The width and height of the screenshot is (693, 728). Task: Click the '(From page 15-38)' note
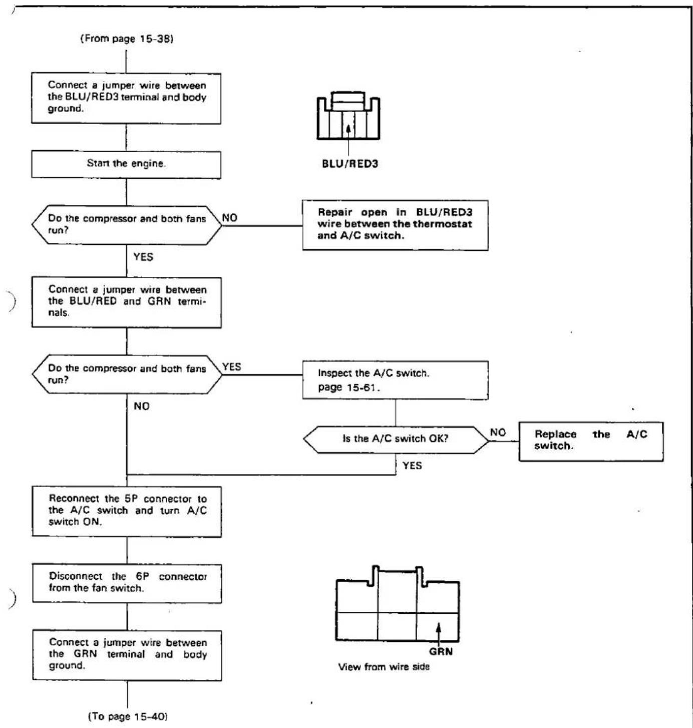[x=127, y=39]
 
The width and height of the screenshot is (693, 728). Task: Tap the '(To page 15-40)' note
[x=128, y=716]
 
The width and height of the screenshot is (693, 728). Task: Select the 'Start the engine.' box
[x=126, y=164]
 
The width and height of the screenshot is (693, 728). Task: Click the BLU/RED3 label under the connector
[x=350, y=164]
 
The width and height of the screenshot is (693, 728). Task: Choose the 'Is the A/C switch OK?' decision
[x=396, y=440]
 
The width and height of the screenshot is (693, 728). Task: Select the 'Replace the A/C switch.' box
[x=591, y=441]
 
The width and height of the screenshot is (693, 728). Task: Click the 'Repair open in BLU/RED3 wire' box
[x=395, y=225]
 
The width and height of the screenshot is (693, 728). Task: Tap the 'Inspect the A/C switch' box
[x=395, y=380]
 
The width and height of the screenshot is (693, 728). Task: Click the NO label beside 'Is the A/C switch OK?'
[x=498, y=432]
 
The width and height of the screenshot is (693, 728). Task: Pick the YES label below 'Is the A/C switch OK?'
[x=412, y=466]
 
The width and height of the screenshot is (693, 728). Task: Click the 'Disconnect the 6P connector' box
[x=127, y=583]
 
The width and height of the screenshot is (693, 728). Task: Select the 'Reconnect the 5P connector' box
[x=127, y=511]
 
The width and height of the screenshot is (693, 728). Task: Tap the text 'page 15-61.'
[x=349, y=388]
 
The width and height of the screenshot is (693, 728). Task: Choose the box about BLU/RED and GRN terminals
[x=127, y=302]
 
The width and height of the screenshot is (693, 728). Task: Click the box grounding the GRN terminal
[x=127, y=655]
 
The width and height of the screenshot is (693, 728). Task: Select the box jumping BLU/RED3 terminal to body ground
[x=126, y=98]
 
